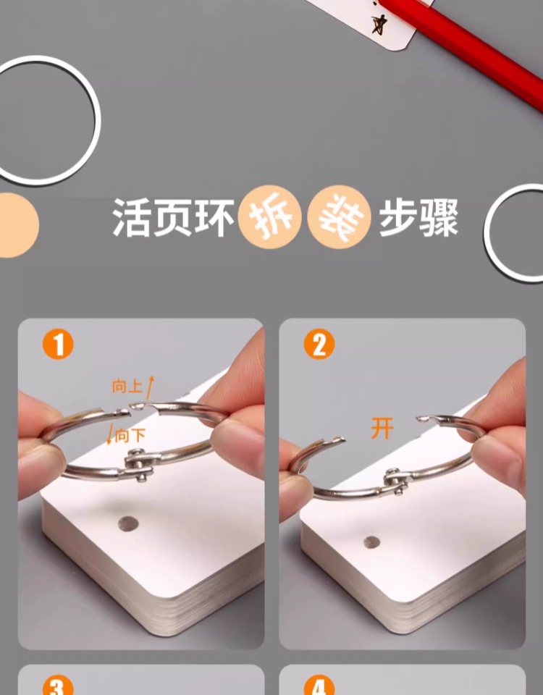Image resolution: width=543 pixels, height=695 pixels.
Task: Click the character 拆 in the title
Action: (270, 217)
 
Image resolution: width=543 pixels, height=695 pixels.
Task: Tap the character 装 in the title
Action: (339, 217)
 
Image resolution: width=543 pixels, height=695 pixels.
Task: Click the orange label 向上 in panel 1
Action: (127, 387)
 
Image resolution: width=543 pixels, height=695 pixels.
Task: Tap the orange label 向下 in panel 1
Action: (130, 436)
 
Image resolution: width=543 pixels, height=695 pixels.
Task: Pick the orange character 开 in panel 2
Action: (382, 429)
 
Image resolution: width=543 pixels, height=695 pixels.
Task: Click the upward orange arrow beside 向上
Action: (151, 388)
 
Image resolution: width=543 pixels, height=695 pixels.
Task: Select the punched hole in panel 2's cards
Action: (371, 542)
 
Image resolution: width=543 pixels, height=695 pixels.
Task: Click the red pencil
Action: (461, 51)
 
